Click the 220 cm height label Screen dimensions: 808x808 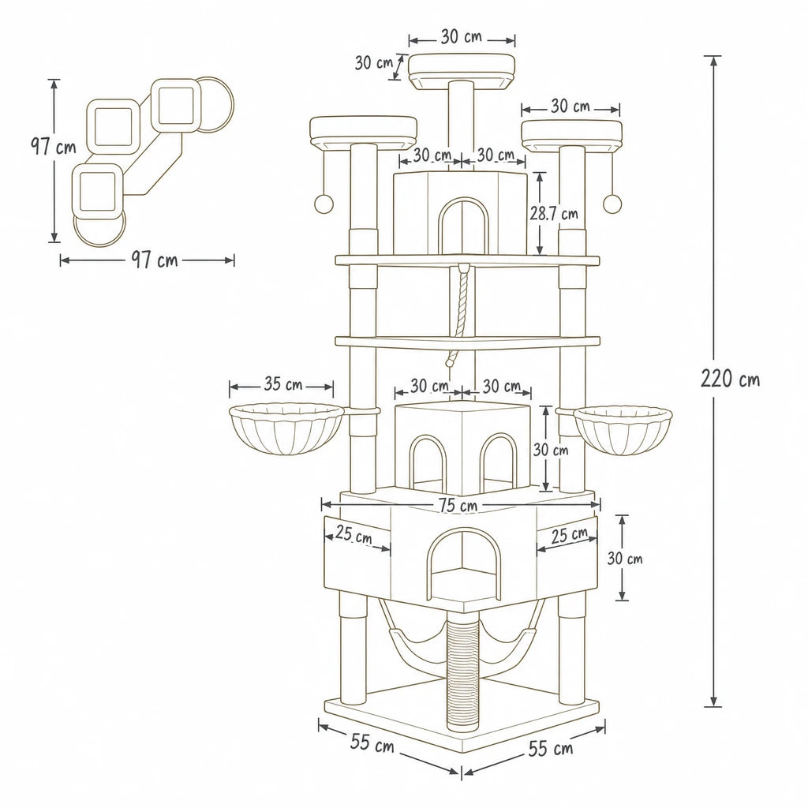tap(730, 379)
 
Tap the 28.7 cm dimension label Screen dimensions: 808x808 tap(555, 213)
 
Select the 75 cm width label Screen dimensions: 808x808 tap(458, 506)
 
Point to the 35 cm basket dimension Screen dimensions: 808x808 tap(283, 384)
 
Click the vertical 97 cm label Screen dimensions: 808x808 tap(53, 147)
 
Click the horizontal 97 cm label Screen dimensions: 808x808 tap(154, 260)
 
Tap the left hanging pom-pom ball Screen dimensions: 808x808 tap(324, 204)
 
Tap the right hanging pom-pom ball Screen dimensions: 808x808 tap(612, 204)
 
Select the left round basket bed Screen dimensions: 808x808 tap(286, 429)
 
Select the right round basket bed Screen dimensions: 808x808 tap(623, 429)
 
